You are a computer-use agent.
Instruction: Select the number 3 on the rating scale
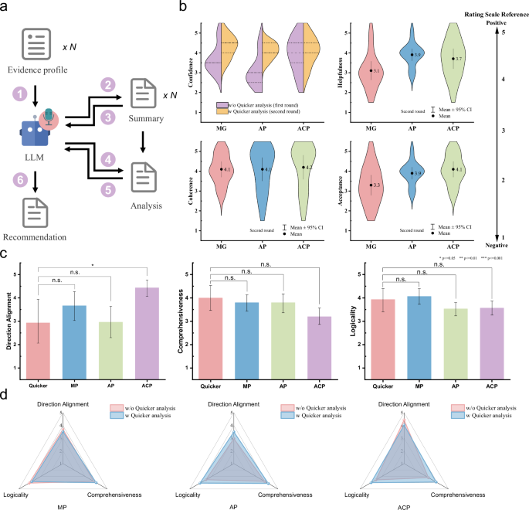point(503,131)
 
